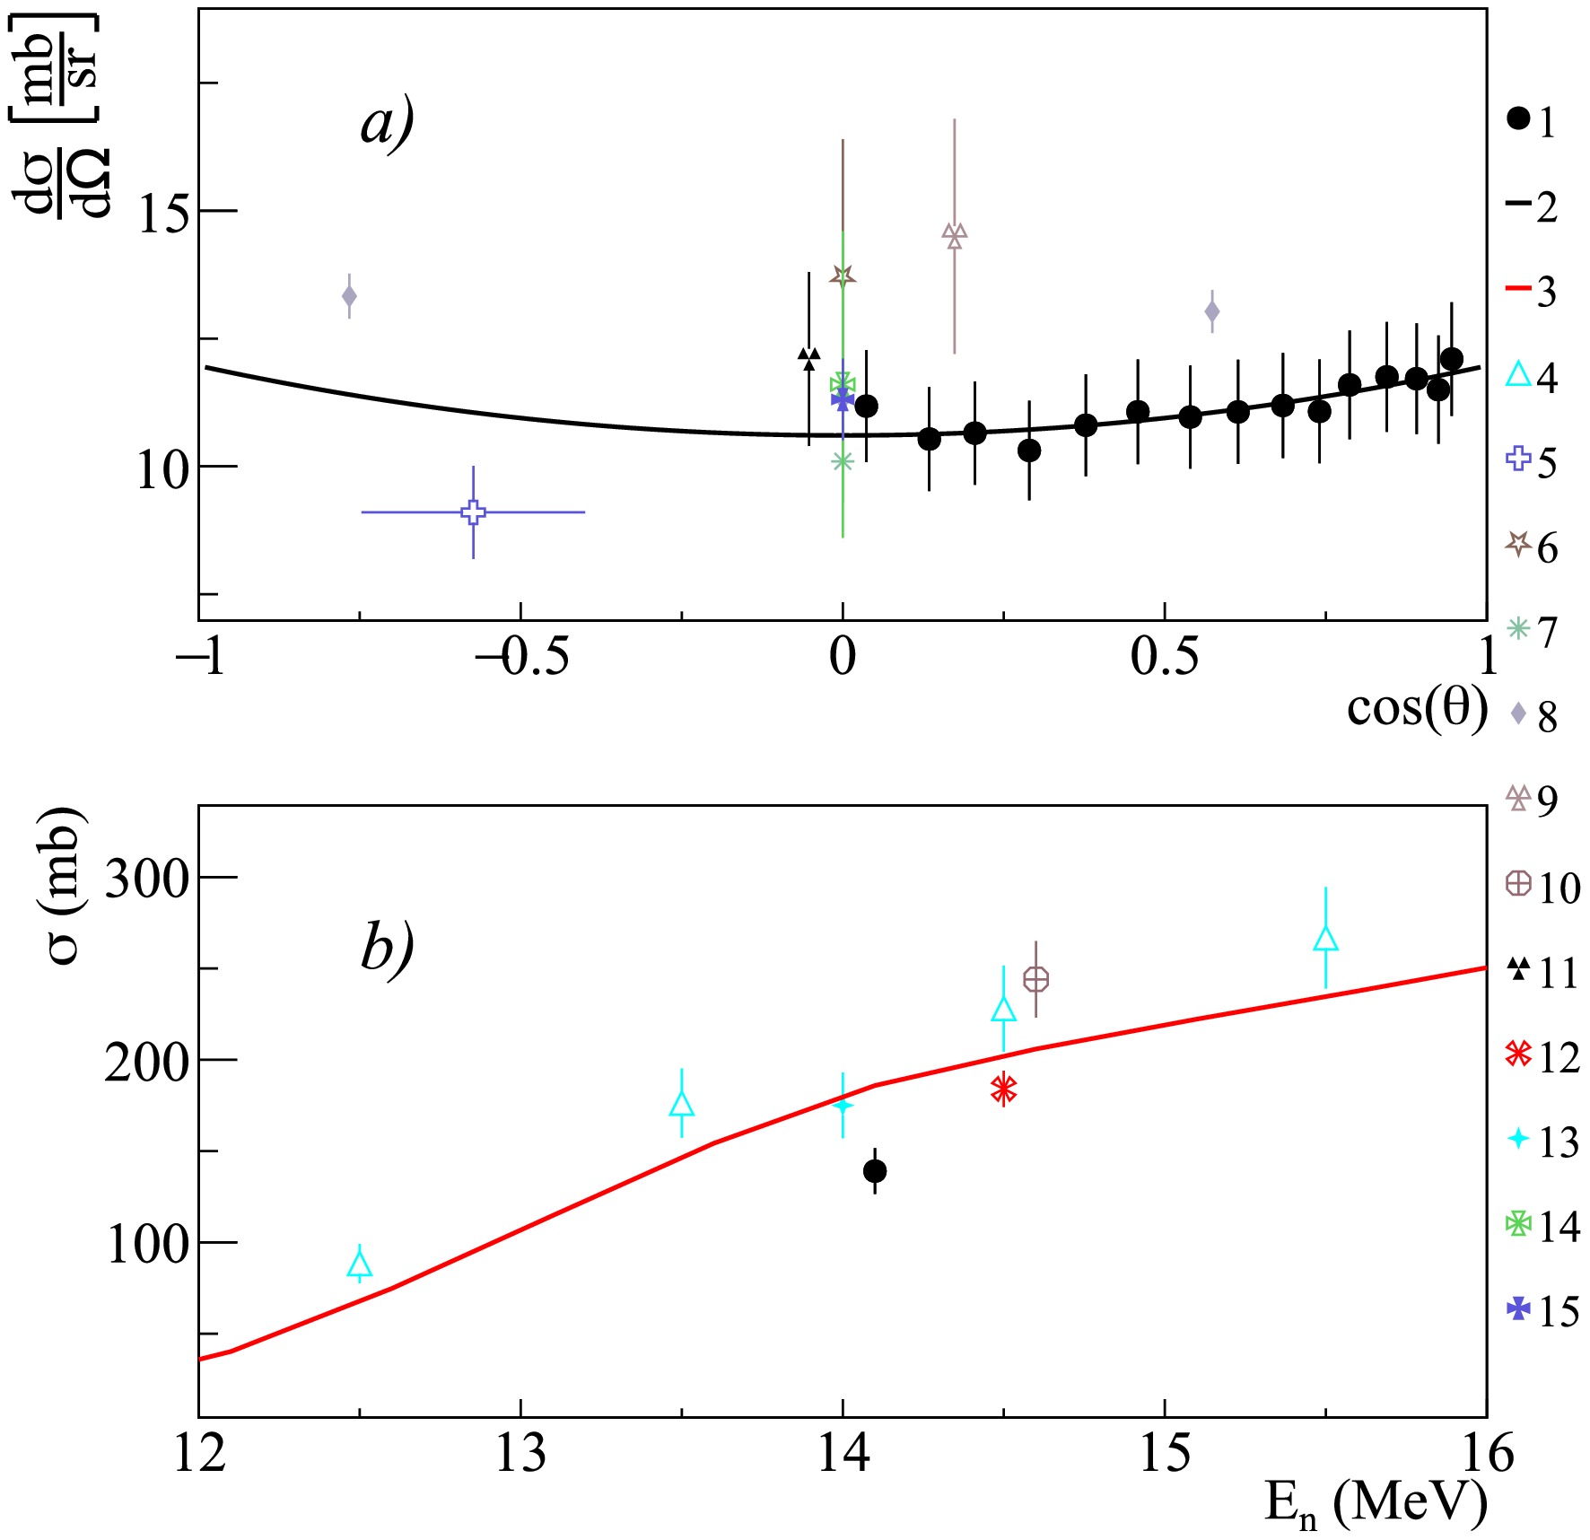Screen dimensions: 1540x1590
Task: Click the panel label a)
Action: click(x=387, y=123)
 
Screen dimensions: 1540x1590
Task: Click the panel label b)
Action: click(x=387, y=948)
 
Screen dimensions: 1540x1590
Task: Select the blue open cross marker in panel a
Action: click(x=473, y=512)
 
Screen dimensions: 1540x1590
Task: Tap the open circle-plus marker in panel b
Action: click(x=1036, y=979)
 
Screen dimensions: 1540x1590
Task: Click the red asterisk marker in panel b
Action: click(x=1003, y=1089)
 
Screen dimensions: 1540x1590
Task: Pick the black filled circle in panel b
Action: click(x=875, y=1171)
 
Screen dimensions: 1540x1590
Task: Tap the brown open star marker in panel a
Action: click(x=843, y=276)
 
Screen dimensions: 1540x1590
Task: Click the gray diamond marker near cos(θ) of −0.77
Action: click(x=349, y=295)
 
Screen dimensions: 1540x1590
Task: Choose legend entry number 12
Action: click(x=1542, y=1056)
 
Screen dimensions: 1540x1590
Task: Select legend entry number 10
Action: click(x=1542, y=887)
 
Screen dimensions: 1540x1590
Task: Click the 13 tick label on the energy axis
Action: click(x=520, y=1453)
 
